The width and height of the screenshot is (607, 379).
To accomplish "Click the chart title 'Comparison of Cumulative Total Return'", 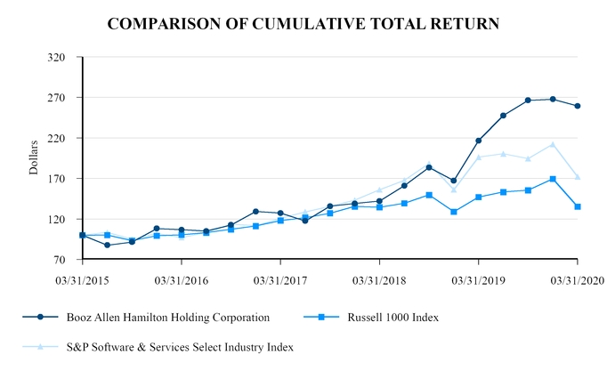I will tap(303, 24).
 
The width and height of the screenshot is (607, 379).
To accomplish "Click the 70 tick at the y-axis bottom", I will tap(58, 260).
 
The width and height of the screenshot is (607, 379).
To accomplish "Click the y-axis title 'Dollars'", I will tap(34, 157).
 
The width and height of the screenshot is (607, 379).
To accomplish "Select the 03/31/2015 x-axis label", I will tap(82, 278).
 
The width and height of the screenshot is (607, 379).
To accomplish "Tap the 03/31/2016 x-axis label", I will tap(182, 278).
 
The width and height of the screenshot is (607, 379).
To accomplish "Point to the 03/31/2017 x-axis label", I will tap(280, 278).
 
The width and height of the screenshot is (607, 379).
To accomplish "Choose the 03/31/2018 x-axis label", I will tap(379, 278).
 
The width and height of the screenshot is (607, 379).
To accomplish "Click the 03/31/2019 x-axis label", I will tap(478, 278).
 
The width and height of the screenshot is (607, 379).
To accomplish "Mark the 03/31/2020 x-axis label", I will tap(577, 278).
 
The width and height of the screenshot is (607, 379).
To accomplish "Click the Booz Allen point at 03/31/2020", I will tap(578, 106).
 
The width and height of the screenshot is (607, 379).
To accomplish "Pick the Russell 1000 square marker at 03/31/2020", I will tap(578, 206).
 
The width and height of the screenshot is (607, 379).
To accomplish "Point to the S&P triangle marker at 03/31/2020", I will tap(578, 177).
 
